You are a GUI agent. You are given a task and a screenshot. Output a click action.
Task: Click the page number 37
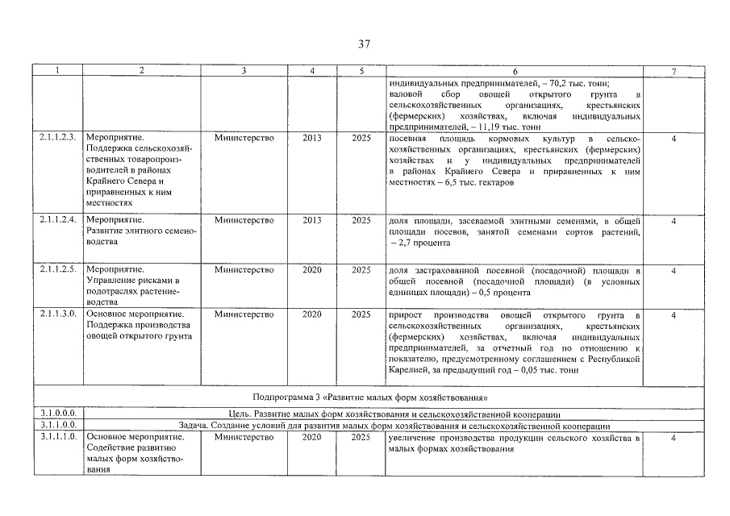click(x=365, y=44)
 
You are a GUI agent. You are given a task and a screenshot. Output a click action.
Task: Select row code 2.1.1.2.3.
click(x=57, y=138)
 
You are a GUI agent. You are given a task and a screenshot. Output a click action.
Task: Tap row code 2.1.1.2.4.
click(x=57, y=220)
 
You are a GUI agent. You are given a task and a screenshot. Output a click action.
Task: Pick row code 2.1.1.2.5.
click(x=57, y=269)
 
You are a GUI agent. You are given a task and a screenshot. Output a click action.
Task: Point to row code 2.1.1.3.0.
click(x=57, y=314)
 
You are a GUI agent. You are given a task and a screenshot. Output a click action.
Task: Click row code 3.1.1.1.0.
click(x=57, y=437)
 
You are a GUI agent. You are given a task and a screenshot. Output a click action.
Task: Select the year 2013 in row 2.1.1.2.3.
click(x=312, y=138)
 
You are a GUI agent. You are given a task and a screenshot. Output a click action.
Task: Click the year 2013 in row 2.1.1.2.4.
click(x=312, y=220)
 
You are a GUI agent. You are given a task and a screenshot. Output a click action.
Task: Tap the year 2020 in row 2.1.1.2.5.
click(x=312, y=269)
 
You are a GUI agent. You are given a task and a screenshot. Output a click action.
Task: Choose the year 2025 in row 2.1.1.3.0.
click(x=361, y=314)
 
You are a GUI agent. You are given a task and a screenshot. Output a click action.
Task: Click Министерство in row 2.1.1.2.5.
click(x=244, y=269)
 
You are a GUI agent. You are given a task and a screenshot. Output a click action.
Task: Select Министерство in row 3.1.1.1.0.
click(x=244, y=437)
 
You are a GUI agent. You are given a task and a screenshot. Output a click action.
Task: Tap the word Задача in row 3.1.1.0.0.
click(x=194, y=425)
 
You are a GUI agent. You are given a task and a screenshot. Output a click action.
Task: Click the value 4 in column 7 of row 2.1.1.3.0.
click(x=673, y=314)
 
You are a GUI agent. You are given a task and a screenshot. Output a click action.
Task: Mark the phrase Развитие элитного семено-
click(x=141, y=231)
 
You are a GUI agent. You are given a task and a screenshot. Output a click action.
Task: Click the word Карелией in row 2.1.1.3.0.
click(x=409, y=370)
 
